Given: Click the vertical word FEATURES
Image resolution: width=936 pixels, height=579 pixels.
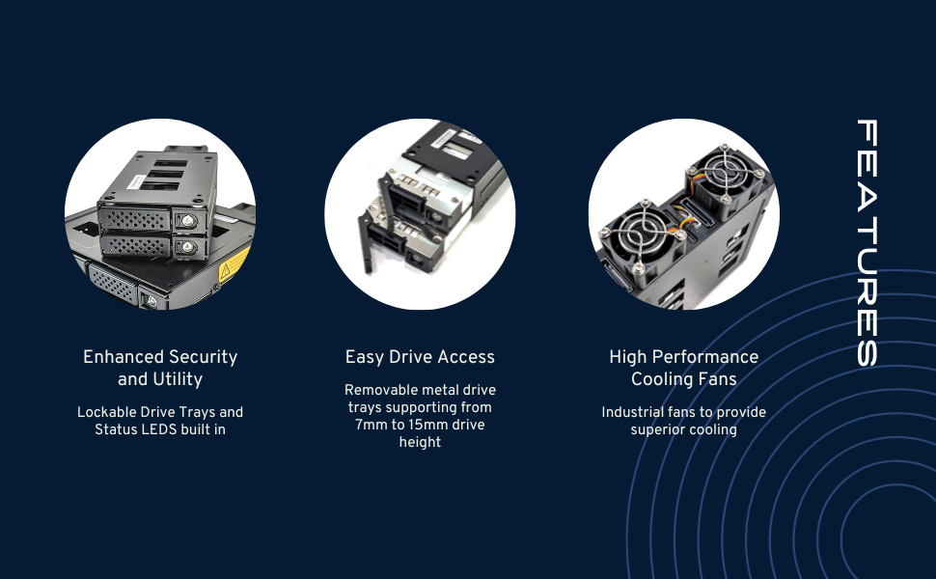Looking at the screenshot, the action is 867,243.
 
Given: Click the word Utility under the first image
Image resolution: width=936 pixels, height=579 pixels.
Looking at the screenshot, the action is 178,379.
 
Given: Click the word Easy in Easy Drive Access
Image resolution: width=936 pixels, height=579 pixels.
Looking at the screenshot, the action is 364,357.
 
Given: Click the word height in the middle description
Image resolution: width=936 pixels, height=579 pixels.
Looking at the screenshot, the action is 421,442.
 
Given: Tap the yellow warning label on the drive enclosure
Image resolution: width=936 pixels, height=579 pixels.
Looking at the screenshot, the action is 234,264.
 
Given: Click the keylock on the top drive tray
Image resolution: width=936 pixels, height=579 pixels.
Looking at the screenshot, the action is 188,221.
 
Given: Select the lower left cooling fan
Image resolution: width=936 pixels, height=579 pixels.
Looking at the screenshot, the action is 641,238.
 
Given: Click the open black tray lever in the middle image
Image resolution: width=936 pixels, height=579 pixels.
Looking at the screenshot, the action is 366,243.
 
